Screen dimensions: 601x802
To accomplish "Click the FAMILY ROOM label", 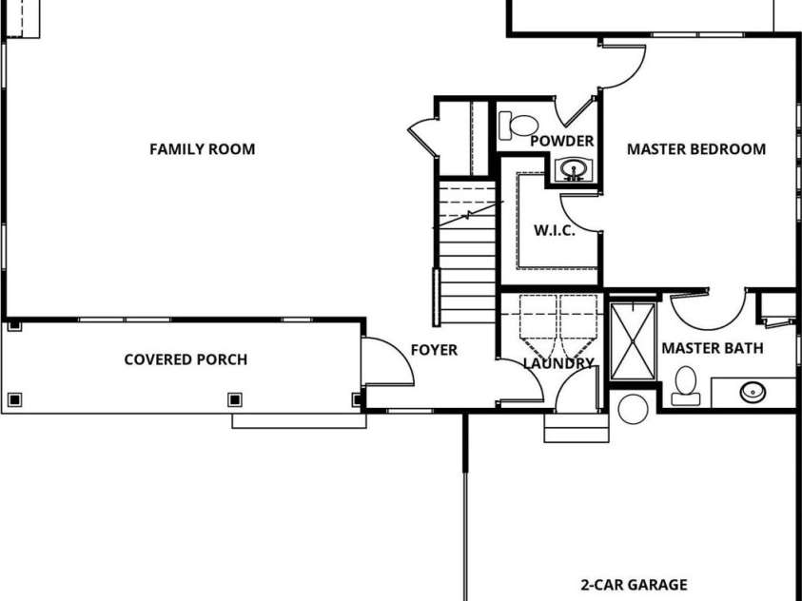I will pyautogui.click(x=202, y=149).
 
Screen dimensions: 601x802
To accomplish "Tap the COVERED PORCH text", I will pyautogui.click(x=186, y=359).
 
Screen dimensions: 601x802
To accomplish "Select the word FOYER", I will pyautogui.click(x=433, y=350).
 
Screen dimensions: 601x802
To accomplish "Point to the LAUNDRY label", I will pyautogui.click(x=558, y=363).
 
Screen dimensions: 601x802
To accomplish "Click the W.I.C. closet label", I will pyautogui.click(x=554, y=231).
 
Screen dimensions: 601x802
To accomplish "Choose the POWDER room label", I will pyautogui.click(x=561, y=141).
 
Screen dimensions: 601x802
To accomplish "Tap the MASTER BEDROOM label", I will pyautogui.click(x=695, y=149).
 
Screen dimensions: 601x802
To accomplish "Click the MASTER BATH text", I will pyautogui.click(x=712, y=349).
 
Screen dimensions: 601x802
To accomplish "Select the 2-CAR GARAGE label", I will pyautogui.click(x=634, y=585).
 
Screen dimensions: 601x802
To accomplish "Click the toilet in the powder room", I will pyautogui.click(x=518, y=125).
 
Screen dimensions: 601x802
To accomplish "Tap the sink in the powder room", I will pyautogui.click(x=573, y=171).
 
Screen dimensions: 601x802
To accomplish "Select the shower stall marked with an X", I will pyautogui.click(x=632, y=340).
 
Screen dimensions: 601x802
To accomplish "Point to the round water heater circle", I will pyautogui.click(x=632, y=409).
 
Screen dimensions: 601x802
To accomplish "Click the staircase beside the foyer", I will pyautogui.click(x=466, y=252).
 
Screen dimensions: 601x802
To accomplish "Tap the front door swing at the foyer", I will pyautogui.click(x=385, y=361).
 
